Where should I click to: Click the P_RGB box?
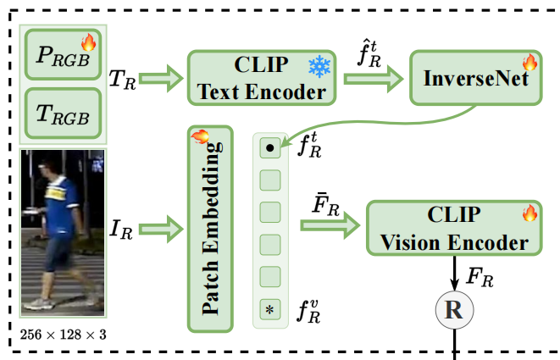click(63, 54)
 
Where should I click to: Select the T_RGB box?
click(63, 114)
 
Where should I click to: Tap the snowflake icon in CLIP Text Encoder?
click(319, 66)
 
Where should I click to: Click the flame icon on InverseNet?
click(530, 62)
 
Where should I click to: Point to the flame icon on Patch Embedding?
click(200, 136)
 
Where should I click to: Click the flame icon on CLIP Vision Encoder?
click(530, 213)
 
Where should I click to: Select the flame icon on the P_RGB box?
click(89, 42)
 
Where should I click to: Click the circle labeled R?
click(454, 310)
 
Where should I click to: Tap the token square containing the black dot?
click(270, 147)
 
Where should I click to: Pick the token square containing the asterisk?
click(270, 309)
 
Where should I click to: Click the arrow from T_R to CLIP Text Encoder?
click(161, 79)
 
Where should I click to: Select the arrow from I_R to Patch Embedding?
click(161, 229)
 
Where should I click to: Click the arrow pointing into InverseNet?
click(374, 79)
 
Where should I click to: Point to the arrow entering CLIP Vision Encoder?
click(330, 225)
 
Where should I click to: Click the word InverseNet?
click(475, 78)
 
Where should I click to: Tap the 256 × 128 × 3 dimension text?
click(64, 335)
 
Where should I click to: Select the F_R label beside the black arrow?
click(480, 277)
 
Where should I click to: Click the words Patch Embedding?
click(212, 229)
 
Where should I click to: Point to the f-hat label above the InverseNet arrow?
click(369, 54)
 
